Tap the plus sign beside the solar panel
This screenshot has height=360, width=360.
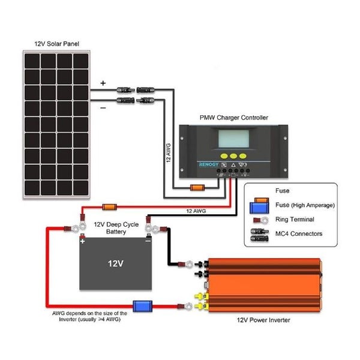(x=103, y=83)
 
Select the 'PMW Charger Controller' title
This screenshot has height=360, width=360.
(x=233, y=118)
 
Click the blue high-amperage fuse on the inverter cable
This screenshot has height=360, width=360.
(x=142, y=306)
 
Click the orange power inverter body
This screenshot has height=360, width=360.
(x=264, y=284)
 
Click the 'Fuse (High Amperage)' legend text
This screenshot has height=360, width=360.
(x=304, y=205)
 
